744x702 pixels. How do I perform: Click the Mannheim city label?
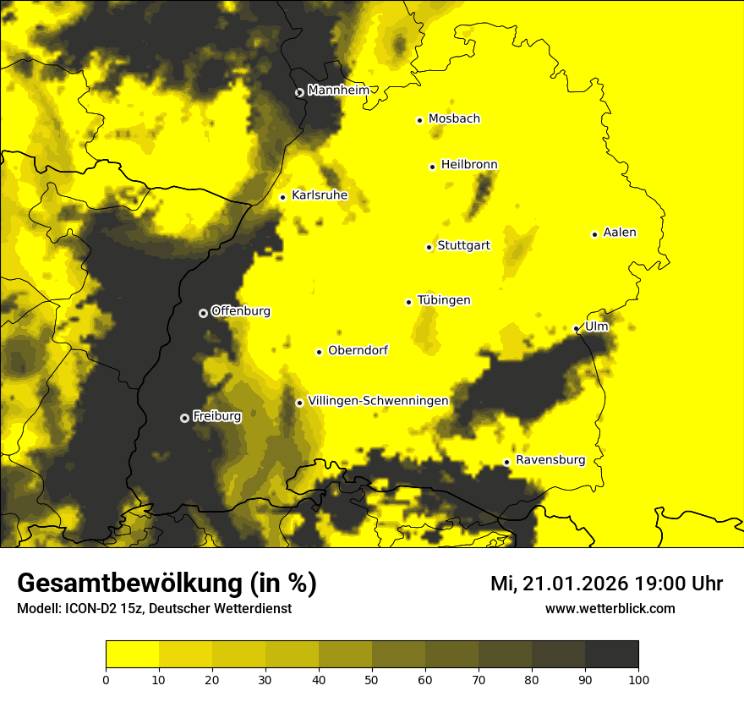338,90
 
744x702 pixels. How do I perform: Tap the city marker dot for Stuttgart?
429,247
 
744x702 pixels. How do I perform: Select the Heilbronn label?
469,165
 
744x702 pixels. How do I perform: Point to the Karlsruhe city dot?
283,197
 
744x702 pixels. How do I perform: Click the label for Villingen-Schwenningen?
378,401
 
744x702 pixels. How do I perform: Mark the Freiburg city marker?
184,418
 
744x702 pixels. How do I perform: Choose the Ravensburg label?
550,460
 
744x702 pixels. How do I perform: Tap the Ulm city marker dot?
577,328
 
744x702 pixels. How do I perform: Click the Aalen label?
620,233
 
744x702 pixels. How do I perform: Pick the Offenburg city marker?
203,313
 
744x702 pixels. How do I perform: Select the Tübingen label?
444,300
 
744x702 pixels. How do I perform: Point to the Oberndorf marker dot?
319,352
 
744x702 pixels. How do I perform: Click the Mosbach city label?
454,119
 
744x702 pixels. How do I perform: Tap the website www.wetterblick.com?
610,608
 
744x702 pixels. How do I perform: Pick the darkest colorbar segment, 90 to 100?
611,654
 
